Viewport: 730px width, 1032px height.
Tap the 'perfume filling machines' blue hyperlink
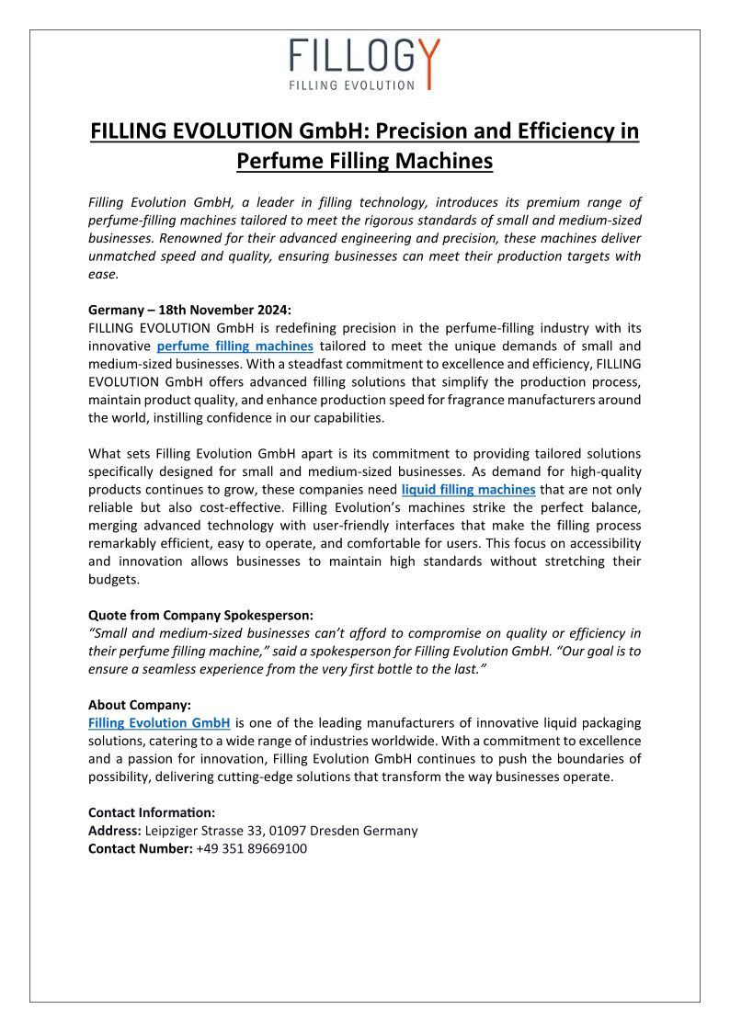[234, 346]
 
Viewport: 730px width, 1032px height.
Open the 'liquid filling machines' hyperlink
[468, 489]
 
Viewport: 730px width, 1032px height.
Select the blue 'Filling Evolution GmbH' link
[159, 723]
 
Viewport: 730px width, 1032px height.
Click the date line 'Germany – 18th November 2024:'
[189, 310]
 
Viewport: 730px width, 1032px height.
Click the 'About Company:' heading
[139, 705]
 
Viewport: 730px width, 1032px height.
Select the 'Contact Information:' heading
[152, 812]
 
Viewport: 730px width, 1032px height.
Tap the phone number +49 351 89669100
[251, 848]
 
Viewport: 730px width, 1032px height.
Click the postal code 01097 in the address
[287, 831]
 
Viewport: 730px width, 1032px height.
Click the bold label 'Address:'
[114, 831]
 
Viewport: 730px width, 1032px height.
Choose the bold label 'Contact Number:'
[140, 848]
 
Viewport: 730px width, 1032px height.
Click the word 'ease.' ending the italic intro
[104, 274]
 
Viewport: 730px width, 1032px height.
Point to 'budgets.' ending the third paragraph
[115, 579]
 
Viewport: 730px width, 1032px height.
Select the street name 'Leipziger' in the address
[176, 831]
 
